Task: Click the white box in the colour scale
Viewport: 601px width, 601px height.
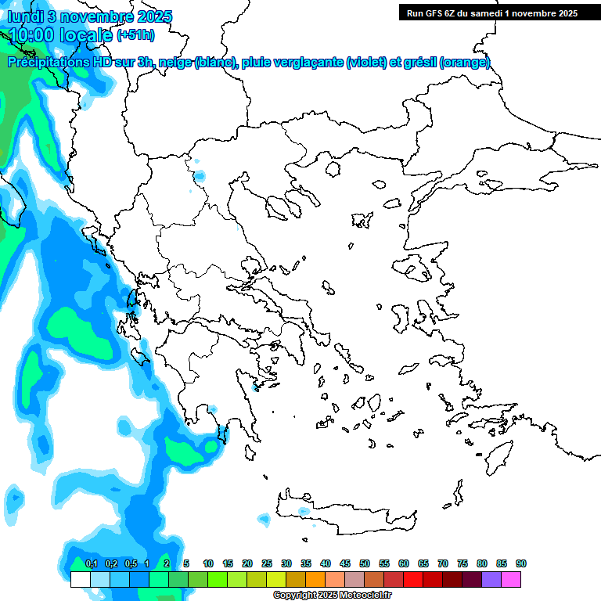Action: pyautogui.click(x=80, y=579)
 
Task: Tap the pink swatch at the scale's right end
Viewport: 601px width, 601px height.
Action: pyautogui.click(x=511, y=579)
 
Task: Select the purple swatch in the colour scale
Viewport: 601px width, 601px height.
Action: pyautogui.click(x=491, y=579)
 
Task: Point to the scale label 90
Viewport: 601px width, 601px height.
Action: pyautogui.click(x=520, y=563)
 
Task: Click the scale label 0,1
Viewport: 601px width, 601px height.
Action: pyautogui.click(x=91, y=563)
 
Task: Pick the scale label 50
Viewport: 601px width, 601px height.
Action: pyautogui.click(x=365, y=563)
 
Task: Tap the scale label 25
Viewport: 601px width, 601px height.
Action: pyautogui.click(x=267, y=563)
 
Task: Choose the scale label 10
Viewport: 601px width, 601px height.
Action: pyautogui.click(x=208, y=563)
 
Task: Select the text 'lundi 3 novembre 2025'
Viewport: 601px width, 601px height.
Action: pyautogui.click(x=90, y=16)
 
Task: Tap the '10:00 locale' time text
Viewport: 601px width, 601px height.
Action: pyautogui.click(x=60, y=34)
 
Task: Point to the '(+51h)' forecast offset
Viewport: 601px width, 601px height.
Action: pyautogui.click(x=135, y=35)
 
